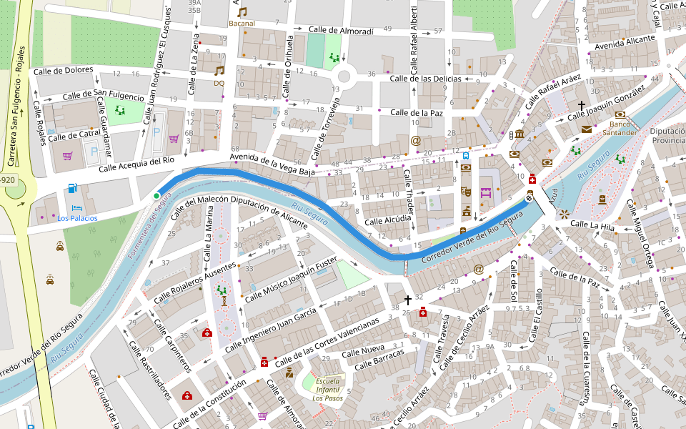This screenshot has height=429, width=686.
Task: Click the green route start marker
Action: coord(156,196)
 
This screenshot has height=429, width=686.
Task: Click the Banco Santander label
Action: coord(619,128)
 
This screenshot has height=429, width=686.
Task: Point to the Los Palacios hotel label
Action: coord(77,218)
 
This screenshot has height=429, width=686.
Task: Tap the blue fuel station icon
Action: coord(72,188)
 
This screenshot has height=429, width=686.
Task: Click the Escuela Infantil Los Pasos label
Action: coord(327,389)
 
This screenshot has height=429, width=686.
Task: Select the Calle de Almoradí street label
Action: coord(341,31)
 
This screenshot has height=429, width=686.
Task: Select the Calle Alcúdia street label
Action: coord(388,221)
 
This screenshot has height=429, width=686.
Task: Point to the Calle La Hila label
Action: coord(592,226)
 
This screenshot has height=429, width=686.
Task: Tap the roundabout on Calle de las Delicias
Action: coord(344,75)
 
